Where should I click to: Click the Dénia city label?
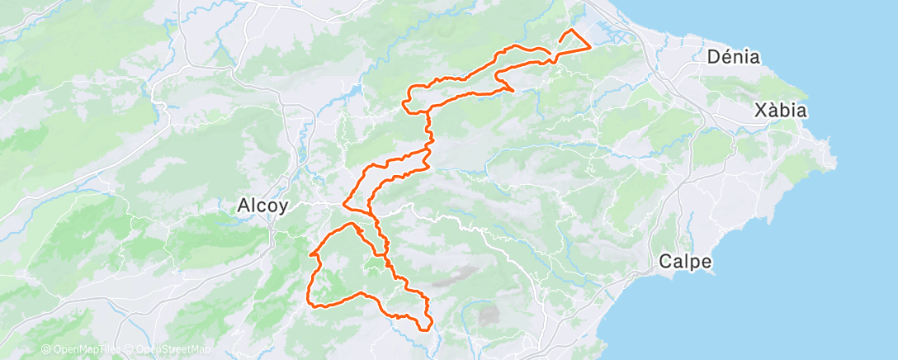click(x=734, y=57)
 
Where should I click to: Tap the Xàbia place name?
click(x=781, y=111)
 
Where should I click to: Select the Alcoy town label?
click(x=262, y=206)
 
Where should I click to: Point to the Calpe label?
click(x=685, y=262)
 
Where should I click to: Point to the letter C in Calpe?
click(x=666, y=262)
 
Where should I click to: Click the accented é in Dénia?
click(x=727, y=56)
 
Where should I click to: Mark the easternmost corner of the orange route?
click(x=590, y=47)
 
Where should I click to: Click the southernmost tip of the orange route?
click(x=427, y=329)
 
